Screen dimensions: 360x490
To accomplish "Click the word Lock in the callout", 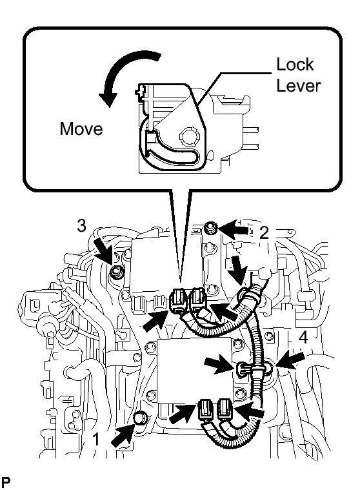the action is coord(295,65).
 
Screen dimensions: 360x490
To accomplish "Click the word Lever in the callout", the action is coord(299,86).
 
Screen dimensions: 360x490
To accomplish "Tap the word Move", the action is coord(81,128).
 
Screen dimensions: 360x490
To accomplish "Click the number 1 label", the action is coord(97,439).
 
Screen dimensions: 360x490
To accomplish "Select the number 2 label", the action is coord(264,232).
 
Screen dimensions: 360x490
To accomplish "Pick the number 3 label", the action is coord(81,225).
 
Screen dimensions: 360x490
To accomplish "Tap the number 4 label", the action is coord(303,338).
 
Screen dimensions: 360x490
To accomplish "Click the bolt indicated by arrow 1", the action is coord(140,418).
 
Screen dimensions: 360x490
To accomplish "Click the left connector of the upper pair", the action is coord(178,301).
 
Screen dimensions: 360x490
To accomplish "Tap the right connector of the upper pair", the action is coord(197,300).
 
